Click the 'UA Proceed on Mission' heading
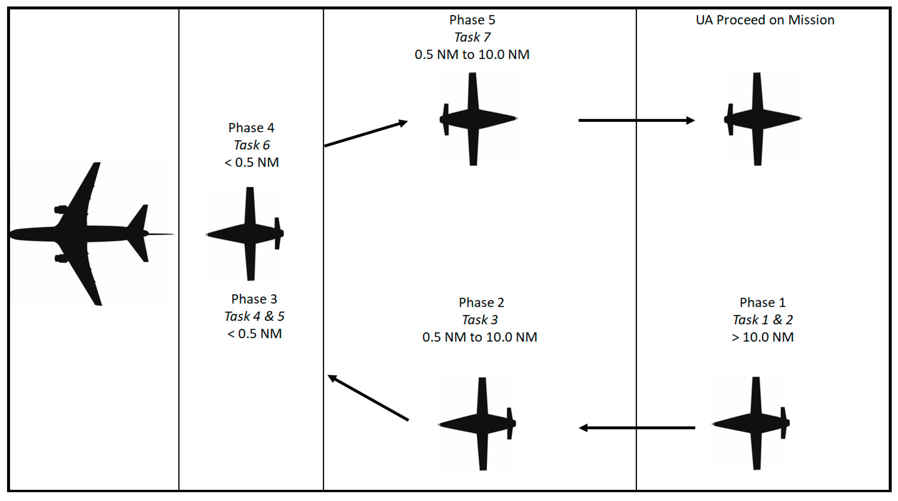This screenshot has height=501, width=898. [765, 20]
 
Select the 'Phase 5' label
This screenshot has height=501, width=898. [472, 20]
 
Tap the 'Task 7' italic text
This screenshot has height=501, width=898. [472, 37]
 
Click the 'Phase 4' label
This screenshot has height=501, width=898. [251, 128]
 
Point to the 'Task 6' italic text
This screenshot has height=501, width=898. [251, 145]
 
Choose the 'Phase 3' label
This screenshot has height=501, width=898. [254, 299]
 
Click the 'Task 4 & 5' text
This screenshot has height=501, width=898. [254, 316]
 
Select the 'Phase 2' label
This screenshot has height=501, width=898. [481, 303]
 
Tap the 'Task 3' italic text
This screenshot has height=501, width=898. [480, 320]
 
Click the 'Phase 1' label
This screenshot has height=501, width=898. [762, 303]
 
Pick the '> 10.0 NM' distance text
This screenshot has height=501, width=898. [762, 337]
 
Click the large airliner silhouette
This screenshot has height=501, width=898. [80, 233]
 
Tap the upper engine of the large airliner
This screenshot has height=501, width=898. [61, 209]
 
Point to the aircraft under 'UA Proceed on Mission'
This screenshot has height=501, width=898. [760, 119]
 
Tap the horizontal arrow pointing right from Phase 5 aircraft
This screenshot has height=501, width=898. [637, 120]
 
